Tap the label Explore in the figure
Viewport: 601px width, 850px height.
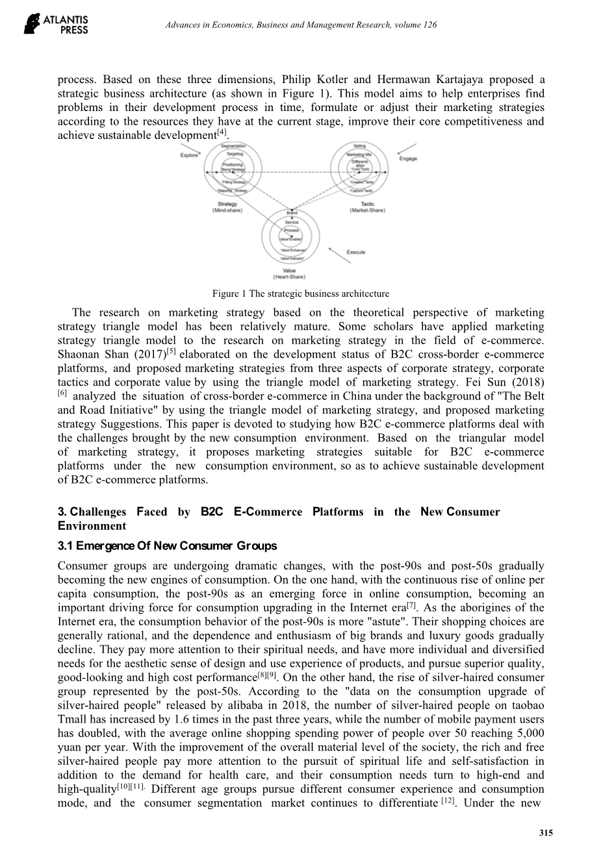point(189,155)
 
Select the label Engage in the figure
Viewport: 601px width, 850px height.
point(408,158)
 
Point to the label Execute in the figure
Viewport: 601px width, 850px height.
point(355,252)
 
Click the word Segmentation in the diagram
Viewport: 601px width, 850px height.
point(233,147)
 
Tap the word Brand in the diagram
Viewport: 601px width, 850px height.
point(292,212)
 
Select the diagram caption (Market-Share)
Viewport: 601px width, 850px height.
point(367,210)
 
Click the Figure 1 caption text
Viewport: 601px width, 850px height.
point(301,294)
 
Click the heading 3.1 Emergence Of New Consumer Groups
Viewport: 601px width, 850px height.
point(167,546)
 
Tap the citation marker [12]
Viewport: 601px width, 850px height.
point(447,801)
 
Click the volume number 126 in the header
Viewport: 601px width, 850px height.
point(429,25)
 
